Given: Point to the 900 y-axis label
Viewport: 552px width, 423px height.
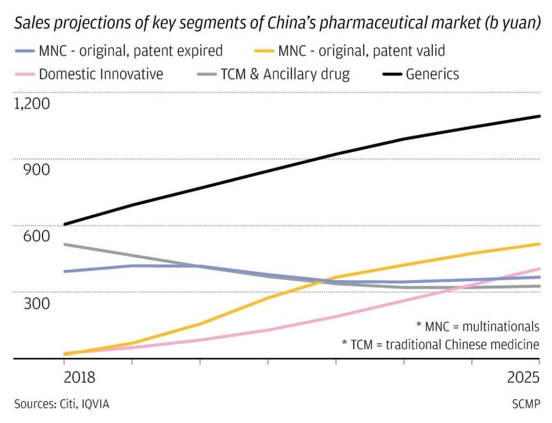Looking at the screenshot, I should click(37, 170).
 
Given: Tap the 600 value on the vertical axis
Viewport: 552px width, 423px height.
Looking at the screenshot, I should click(37, 237).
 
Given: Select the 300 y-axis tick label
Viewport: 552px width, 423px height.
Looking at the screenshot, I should click(37, 303).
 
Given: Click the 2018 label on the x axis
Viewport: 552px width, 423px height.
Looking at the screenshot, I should click(79, 377).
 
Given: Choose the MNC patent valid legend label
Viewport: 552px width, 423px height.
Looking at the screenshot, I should click(361, 51).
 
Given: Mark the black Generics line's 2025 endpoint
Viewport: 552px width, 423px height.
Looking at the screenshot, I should click(540, 116).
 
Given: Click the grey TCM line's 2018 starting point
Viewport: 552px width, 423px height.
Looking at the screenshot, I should click(65, 245).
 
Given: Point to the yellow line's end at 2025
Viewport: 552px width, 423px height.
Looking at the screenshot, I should click(540, 244).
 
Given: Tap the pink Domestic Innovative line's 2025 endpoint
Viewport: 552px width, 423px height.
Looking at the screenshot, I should click(540, 268).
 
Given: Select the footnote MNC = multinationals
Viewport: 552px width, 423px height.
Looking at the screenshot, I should click(478, 326).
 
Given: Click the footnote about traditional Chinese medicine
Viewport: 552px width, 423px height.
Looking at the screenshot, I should click(440, 344).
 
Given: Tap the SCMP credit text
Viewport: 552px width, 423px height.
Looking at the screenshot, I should click(524, 404).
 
